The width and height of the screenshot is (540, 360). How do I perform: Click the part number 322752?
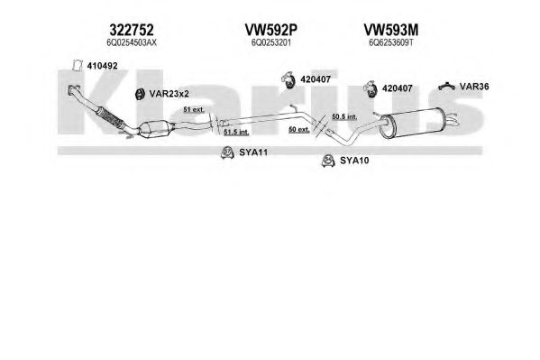click(132, 31)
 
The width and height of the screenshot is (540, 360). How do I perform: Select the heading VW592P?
click(270, 31)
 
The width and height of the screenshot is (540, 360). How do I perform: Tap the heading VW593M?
click(391, 31)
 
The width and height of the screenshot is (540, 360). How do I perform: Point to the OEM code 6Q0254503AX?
click(132, 42)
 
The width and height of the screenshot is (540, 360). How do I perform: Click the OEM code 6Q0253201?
click(271, 42)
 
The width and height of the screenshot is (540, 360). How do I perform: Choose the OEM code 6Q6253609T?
click(390, 42)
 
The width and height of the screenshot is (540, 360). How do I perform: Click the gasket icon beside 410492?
click(78, 65)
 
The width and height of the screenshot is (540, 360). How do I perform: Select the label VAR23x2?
click(169, 94)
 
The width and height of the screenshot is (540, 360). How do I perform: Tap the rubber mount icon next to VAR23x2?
click(140, 94)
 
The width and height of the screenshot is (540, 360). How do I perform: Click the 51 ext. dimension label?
click(194, 110)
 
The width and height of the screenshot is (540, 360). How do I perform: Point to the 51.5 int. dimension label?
click(236, 132)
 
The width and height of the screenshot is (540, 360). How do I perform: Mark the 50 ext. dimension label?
click(299, 130)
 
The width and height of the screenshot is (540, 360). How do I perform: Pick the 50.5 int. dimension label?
click(344, 117)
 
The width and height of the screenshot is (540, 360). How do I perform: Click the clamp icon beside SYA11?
click(227, 152)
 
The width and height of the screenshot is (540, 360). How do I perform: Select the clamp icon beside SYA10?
click(328, 161)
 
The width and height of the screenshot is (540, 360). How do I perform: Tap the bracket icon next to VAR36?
click(446, 86)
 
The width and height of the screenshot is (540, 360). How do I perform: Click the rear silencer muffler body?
click(412, 123)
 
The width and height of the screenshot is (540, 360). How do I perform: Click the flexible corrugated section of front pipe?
click(109, 117)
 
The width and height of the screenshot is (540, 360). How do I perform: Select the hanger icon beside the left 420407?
click(288, 79)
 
